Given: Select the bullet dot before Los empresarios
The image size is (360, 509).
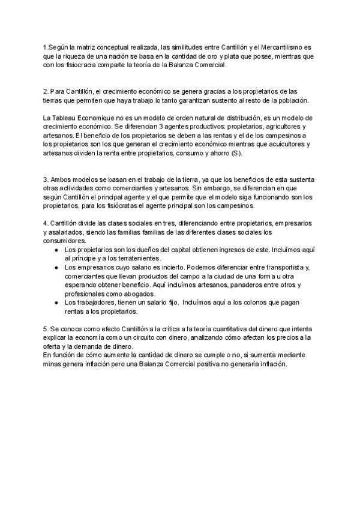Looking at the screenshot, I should (x=55, y=267).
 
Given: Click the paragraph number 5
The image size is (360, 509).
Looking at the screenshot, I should (x=46, y=330).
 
